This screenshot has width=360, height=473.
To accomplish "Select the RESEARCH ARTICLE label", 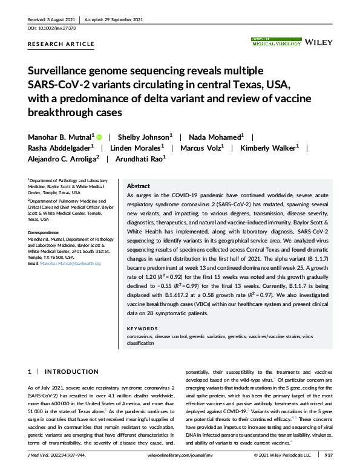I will (62, 44).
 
